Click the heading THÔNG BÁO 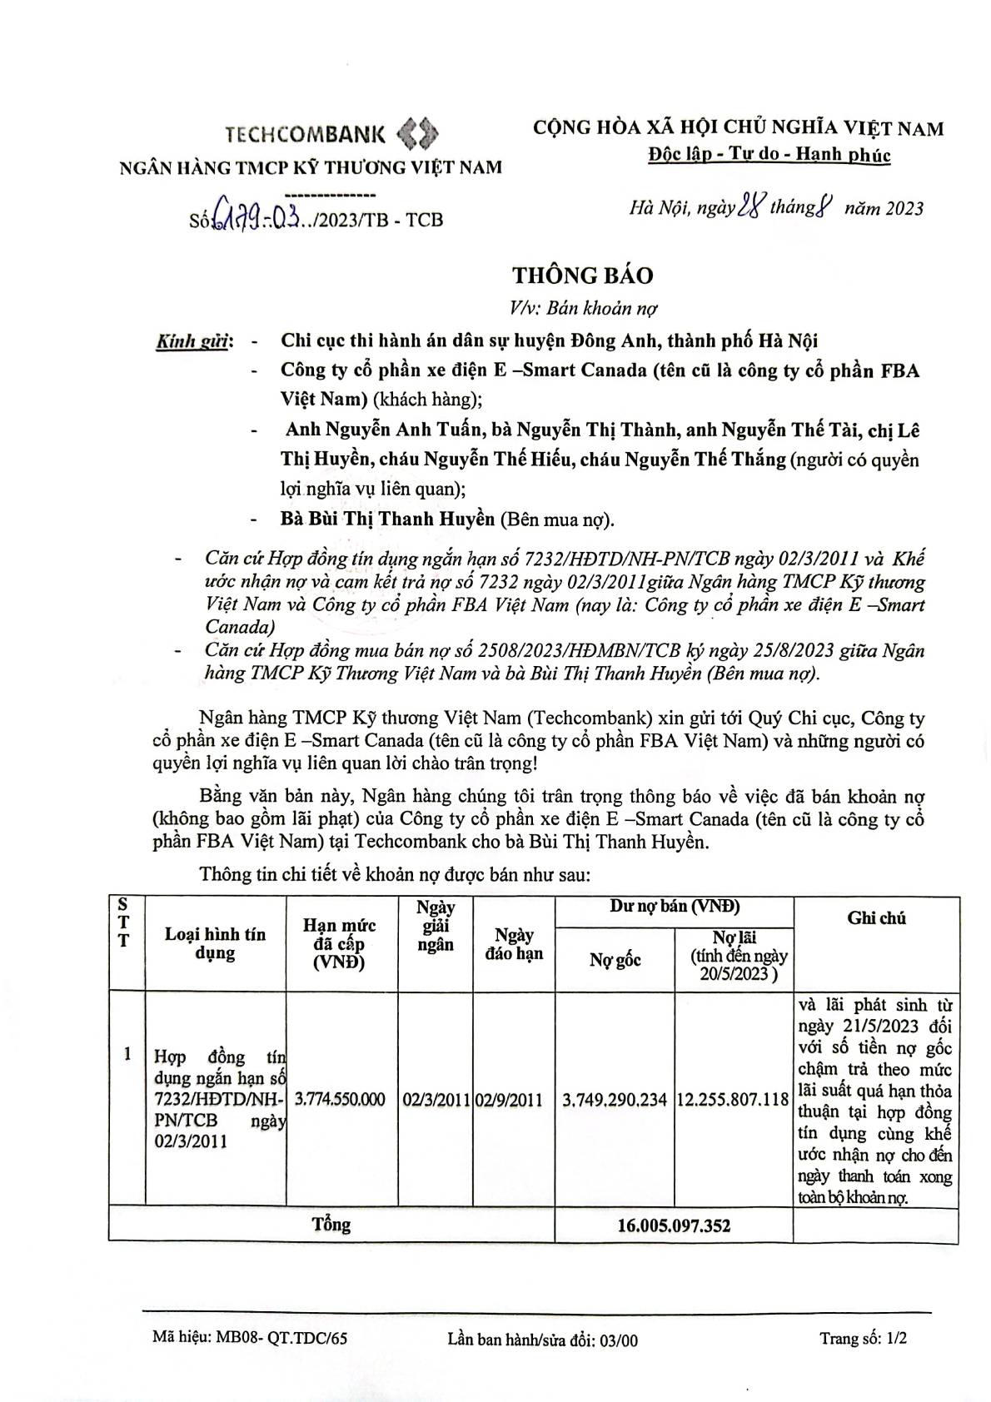(582, 275)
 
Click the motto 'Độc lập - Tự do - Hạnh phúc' (769, 155)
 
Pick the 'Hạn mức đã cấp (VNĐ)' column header (339, 943)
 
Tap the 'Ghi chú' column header (876, 918)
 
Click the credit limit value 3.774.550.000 (341, 1100)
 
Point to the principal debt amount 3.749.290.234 (615, 1101)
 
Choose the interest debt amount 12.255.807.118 (733, 1100)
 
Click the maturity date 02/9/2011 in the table (509, 1100)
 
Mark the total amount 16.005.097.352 (675, 1226)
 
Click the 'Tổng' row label (331, 1225)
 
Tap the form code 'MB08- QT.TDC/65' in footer (250, 1339)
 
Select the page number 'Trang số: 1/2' (863, 1339)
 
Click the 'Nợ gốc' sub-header (615, 960)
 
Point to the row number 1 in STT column (127, 1054)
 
